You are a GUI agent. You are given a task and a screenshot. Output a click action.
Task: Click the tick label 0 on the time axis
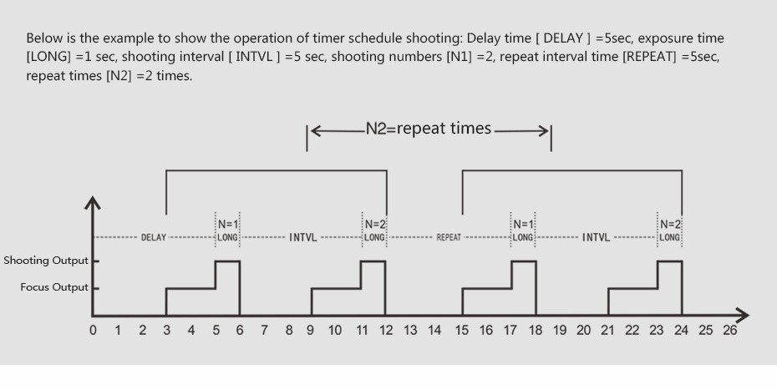pos(94,330)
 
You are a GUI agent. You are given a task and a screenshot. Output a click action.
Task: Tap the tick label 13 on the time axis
pos(410,330)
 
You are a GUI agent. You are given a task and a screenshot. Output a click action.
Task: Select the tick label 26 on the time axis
pos(730,330)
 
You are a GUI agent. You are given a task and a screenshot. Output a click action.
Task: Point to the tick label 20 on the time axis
pos(583,330)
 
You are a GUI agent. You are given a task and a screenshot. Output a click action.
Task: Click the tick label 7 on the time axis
pos(264,330)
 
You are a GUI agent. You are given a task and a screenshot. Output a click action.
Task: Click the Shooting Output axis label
pos(46,261)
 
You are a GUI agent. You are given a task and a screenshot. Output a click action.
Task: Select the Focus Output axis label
pos(54,287)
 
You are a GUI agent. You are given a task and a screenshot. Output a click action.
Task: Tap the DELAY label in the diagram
pos(154,237)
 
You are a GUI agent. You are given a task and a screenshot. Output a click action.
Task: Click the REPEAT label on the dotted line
pos(449,237)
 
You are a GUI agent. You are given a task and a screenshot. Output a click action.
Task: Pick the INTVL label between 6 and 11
pos(302,237)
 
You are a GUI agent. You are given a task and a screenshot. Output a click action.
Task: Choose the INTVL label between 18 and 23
pos(596,237)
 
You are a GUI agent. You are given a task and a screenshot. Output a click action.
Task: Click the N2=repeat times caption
pos(429,129)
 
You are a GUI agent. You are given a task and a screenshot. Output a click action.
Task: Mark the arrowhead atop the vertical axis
pos(93,203)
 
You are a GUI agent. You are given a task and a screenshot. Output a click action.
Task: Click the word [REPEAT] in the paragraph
pos(649,57)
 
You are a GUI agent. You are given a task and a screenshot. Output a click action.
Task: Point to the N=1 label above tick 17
pos(522,225)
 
